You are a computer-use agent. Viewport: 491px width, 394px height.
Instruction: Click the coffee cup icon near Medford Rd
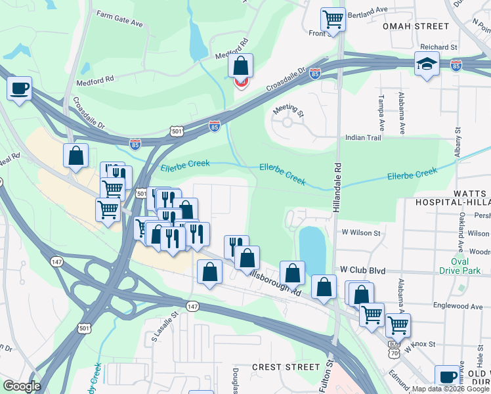tap(20, 87)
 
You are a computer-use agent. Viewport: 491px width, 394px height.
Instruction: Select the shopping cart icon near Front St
tap(333, 19)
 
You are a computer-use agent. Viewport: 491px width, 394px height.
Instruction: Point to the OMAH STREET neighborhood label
tap(416, 26)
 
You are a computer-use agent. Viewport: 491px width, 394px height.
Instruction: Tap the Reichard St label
tap(440, 47)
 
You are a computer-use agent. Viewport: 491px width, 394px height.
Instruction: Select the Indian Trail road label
tap(364, 138)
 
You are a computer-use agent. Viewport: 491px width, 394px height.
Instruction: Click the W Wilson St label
tap(360, 233)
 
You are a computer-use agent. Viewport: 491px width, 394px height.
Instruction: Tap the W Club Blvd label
tap(361, 270)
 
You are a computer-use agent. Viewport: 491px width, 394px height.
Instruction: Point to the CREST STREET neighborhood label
tap(285, 367)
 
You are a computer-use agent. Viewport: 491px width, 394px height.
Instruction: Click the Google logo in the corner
tap(22, 385)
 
